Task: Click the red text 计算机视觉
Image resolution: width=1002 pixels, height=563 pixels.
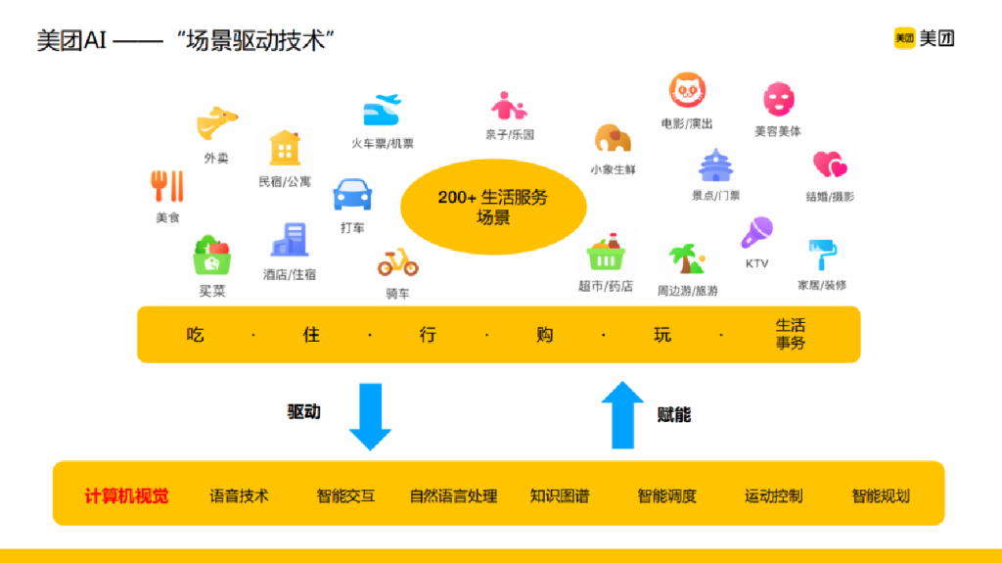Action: (x=126, y=496)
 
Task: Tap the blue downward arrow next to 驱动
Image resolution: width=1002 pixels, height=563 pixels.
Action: (x=370, y=417)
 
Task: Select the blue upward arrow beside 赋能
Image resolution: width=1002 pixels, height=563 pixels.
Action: (x=621, y=413)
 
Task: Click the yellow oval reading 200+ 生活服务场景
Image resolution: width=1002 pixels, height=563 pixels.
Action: (x=493, y=207)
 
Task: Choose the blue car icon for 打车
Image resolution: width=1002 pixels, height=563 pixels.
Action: (x=352, y=195)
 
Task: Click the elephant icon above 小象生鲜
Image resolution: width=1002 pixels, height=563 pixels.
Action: (x=613, y=139)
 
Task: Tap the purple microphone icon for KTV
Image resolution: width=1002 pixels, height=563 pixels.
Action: (x=756, y=233)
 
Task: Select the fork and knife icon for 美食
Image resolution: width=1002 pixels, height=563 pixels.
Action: (x=167, y=186)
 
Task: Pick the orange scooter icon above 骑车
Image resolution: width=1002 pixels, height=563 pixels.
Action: (x=398, y=261)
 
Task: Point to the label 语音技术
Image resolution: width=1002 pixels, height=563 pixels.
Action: (x=239, y=496)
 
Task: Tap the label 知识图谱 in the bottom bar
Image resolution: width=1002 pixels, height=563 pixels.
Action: (x=560, y=496)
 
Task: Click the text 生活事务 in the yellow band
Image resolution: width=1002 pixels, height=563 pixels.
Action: (x=790, y=334)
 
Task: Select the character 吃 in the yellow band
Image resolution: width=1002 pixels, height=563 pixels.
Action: (x=196, y=335)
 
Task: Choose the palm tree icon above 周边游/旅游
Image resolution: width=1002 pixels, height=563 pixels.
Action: (x=687, y=259)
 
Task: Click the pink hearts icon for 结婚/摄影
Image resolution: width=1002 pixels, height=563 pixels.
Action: (x=829, y=164)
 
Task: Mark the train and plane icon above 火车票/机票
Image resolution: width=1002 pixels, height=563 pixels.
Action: (x=382, y=110)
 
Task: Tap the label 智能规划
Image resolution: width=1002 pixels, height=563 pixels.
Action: (x=881, y=496)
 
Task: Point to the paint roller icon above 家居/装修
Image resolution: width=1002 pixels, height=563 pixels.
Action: (x=821, y=255)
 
